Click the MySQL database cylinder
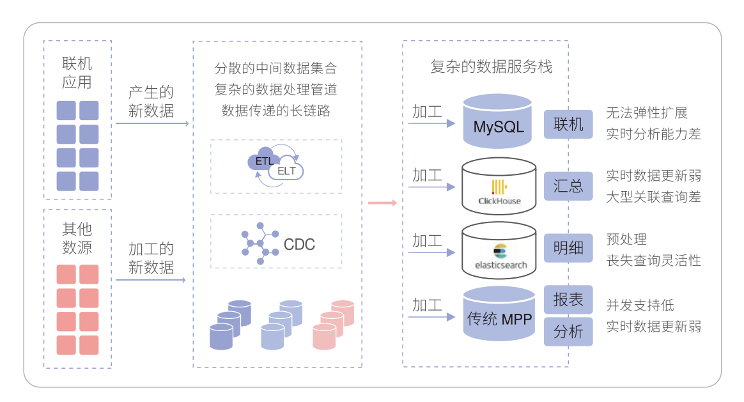tap(499, 121)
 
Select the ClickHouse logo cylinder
tap(499, 187)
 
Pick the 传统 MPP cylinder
tap(499, 314)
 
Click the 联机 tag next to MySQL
tap(568, 124)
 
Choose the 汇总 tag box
tap(568, 186)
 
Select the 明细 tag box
tap(568, 248)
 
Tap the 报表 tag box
tap(568, 300)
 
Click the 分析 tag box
tap(568, 331)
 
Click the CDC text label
tap(299, 244)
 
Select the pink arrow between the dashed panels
tap(382, 203)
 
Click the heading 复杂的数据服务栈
tap(491, 66)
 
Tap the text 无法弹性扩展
tap(646, 114)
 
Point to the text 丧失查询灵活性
tap(653, 260)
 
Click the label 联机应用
tap(77, 73)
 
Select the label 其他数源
tap(77, 238)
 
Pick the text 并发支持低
tap(640, 305)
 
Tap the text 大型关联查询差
tap(653, 197)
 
